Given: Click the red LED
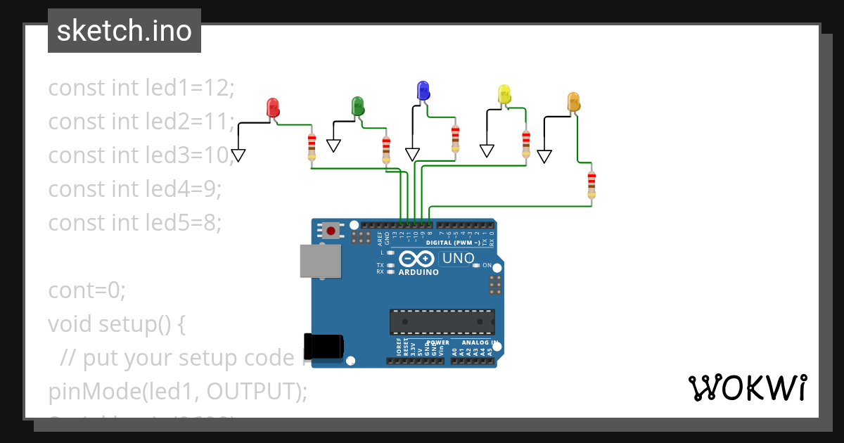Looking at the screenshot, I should [273, 108].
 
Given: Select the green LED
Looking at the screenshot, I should [357, 106].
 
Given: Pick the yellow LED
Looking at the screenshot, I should [504, 94].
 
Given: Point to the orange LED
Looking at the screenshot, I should [573, 102].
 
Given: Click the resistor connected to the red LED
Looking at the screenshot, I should [312, 148].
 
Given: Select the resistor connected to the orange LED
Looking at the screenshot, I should [592, 185].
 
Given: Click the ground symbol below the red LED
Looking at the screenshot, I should [238, 155].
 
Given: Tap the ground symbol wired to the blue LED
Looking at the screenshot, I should [412, 154].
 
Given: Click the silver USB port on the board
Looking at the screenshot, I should [320, 261].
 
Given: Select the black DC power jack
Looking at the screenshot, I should [324, 346].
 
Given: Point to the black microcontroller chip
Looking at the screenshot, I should [442, 322].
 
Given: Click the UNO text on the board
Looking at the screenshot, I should [458, 259].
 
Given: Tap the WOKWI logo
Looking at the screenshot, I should [747, 387].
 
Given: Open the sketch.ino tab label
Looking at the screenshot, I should [124, 31].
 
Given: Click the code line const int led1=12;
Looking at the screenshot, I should [141, 88].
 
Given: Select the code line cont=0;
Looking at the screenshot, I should [87, 290].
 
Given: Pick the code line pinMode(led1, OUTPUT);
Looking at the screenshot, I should [178, 392].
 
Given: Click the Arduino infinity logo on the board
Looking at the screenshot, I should [418, 259].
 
